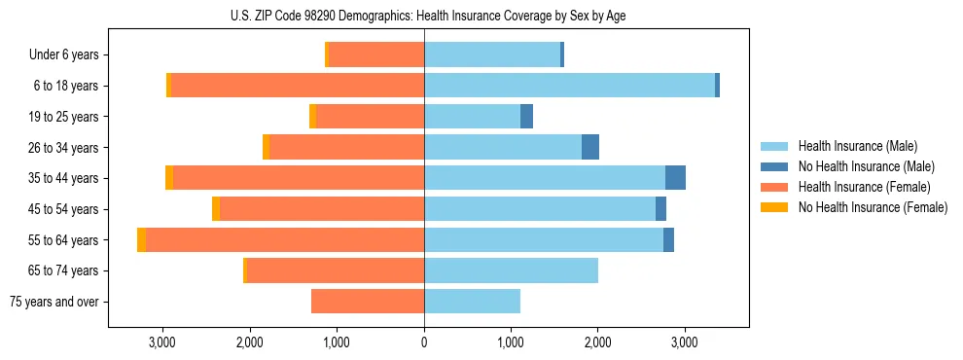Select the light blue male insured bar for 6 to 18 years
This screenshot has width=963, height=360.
569,86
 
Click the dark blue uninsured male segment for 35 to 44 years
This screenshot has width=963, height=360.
675,178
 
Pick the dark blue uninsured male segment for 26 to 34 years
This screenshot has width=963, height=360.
590,147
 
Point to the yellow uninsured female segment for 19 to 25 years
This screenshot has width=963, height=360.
312,117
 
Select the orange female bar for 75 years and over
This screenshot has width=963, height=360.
368,302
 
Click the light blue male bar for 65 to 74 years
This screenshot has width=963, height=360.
511,270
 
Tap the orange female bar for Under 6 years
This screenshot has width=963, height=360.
376,54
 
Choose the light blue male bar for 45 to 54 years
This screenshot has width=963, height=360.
540,209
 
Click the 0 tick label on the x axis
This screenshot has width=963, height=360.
424,342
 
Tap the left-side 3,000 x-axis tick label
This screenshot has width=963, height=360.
161,342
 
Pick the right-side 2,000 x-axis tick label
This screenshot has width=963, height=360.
597,342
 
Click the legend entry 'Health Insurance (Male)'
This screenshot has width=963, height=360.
857,146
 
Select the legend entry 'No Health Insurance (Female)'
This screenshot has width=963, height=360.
873,207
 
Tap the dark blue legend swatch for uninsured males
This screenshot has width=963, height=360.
774,166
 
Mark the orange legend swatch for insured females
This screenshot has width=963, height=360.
774,187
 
